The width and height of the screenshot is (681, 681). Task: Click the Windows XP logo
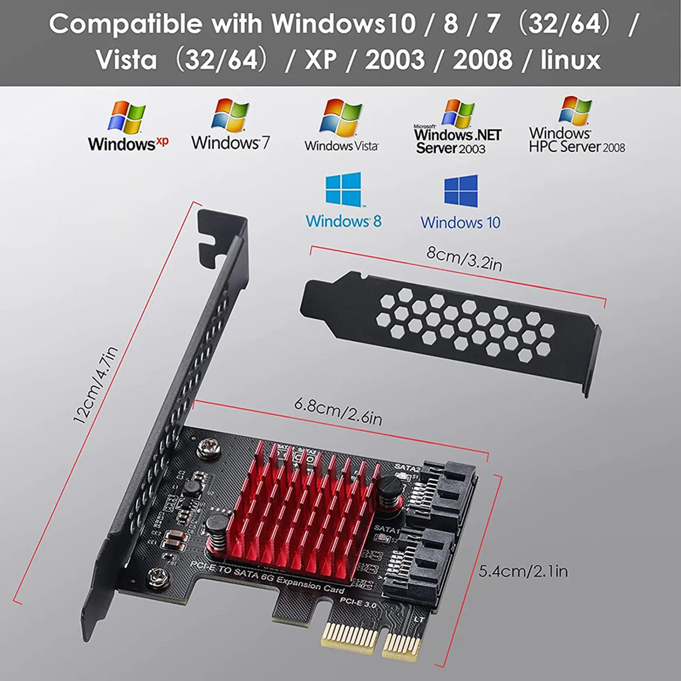tap(127, 126)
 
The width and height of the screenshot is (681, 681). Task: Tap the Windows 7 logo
tap(230, 124)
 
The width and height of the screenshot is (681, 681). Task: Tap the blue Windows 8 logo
tap(344, 200)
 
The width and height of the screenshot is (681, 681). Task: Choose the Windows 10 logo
tap(461, 202)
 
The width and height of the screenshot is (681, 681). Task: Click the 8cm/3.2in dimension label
tap(464, 258)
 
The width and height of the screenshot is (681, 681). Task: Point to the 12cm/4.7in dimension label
tap(95, 385)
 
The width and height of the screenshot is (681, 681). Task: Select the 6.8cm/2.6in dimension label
tap(338, 411)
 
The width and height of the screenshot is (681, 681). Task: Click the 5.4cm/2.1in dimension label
tap(523, 571)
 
